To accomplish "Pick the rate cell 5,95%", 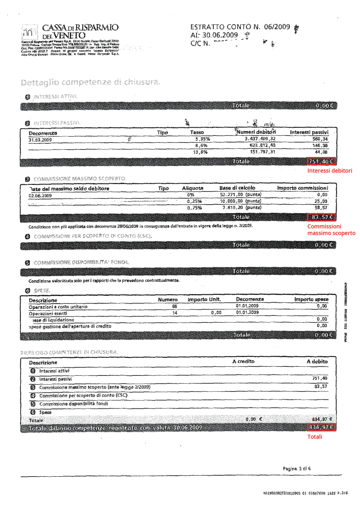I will pyautogui.click(x=201, y=139).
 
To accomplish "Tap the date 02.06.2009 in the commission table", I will pyautogui.click(x=40, y=196).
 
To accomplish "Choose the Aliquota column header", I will pyautogui.click(x=193, y=188).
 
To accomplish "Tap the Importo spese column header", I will pyautogui.click(x=311, y=300).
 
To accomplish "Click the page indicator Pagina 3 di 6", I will pyautogui.click(x=297, y=469).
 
